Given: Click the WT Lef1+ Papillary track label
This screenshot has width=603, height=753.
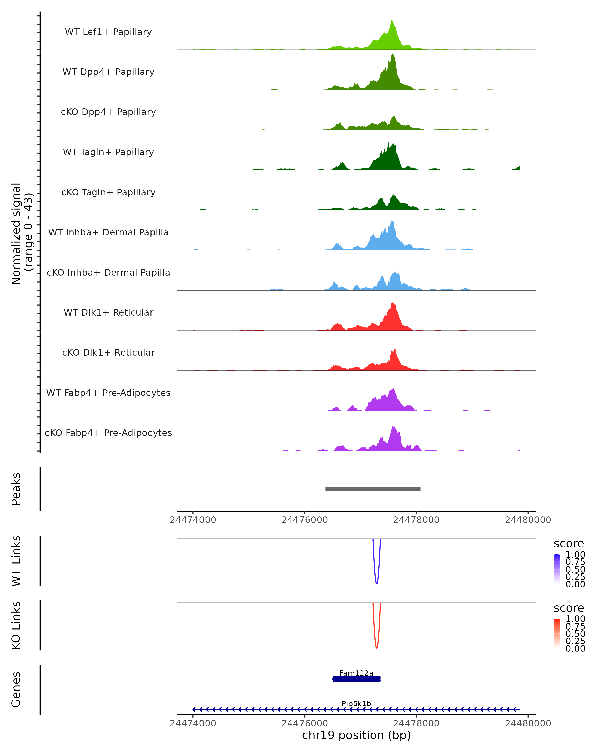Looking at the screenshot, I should (x=108, y=32).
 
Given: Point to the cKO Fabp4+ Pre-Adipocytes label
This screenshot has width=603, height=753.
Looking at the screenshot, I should (x=108, y=433).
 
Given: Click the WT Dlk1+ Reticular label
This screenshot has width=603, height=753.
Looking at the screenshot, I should (x=108, y=312).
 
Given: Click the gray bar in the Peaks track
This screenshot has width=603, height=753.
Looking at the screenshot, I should (x=373, y=489).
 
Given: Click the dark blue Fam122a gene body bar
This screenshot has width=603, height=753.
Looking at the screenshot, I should (x=356, y=679).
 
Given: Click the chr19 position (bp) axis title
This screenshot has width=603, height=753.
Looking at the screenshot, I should (x=356, y=735).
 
